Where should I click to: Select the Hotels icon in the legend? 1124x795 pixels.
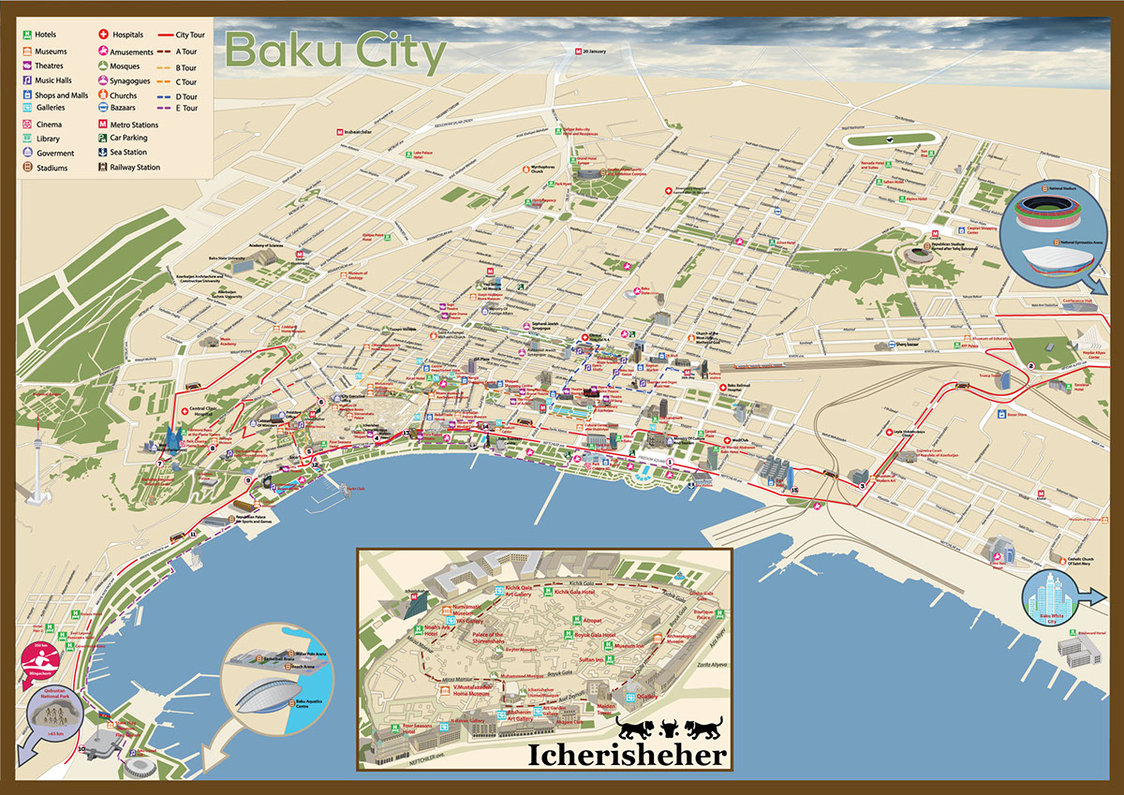coord(28,35)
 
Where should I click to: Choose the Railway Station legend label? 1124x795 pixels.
coord(135,168)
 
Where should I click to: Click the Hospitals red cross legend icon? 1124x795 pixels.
coord(102,35)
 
